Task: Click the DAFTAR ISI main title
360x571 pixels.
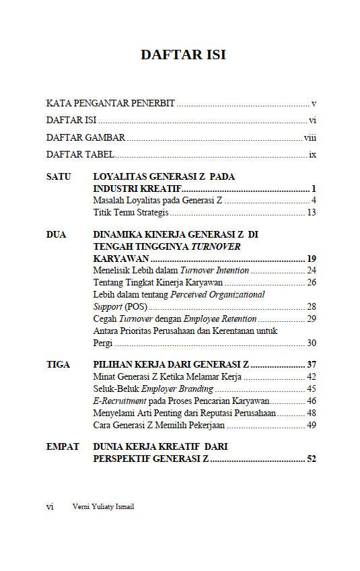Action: [183, 55]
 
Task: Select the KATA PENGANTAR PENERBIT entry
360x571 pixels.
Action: [110, 104]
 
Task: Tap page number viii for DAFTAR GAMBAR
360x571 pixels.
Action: [310, 138]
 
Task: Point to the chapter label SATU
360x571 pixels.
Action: [58, 177]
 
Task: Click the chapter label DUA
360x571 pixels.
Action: [57, 235]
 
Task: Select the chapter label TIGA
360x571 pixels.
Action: [58, 364]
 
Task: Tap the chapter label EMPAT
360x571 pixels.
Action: [63, 446]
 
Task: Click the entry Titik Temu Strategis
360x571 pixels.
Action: [131, 213]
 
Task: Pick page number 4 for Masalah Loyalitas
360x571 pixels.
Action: [314, 201]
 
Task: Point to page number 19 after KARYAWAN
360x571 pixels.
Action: [311, 259]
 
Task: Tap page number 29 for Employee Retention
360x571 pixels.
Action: [311, 319]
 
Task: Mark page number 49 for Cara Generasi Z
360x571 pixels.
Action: [311, 426]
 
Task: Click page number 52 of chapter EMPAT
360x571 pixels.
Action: [311, 459]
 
